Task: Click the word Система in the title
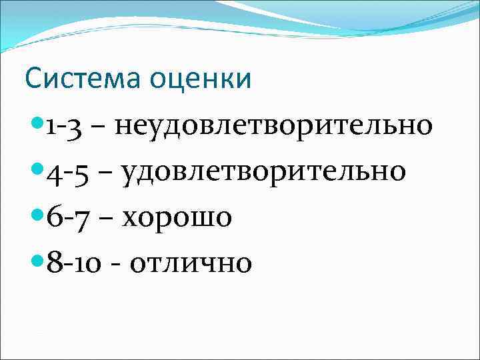point(87,79)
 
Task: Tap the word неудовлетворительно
point(274,125)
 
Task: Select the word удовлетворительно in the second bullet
point(263,171)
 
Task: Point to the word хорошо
point(176,217)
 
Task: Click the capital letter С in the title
point(33,79)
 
